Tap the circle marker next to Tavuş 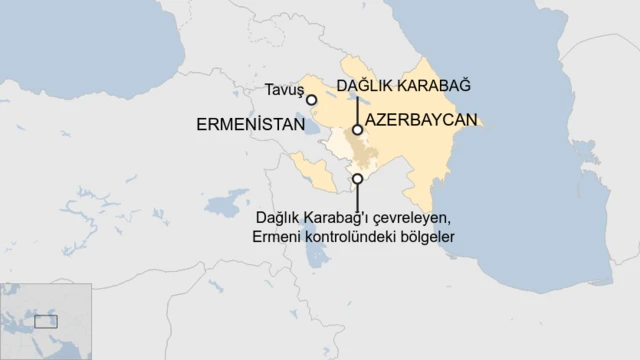[x=312, y=100]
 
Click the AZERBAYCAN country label [x=421, y=119]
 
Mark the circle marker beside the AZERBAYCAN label [x=357, y=130]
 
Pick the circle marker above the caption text [x=357, y=179]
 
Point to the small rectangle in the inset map [x=46, y=322]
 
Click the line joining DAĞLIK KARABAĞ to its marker [x=357, y=108]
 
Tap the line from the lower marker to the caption [x=357, y=196]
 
